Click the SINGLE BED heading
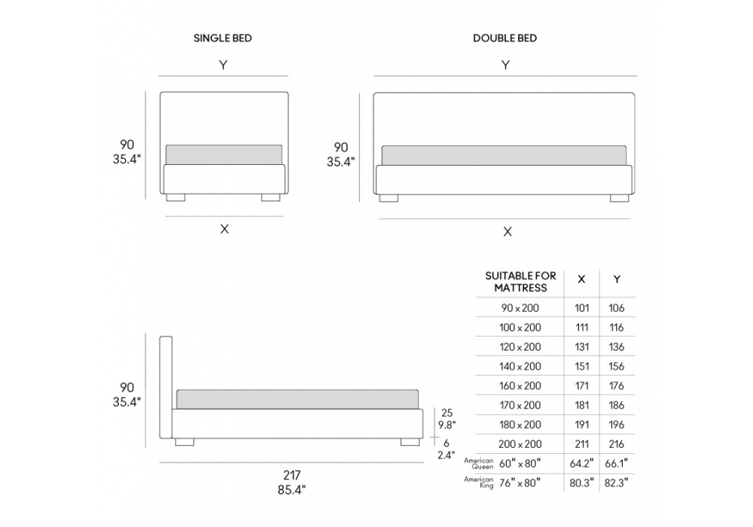coord(222,38)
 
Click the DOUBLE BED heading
coord(505,38)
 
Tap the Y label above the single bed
coord(224,65)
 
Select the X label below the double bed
coord(507,232)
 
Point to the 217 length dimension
coord(291,475)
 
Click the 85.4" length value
coord(291,490)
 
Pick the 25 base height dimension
coord(447,413)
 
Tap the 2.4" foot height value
coord(446,455)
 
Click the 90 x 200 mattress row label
coord(520,308)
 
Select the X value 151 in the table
coord(581,366)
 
